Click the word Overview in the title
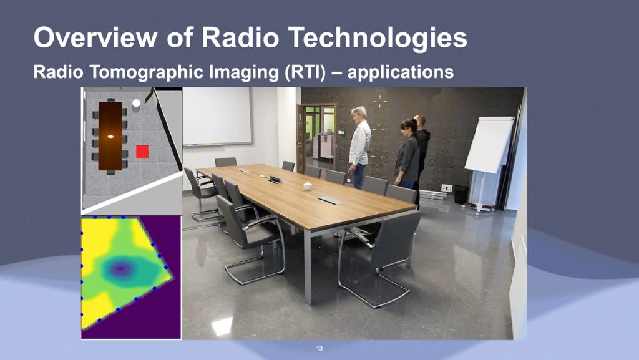(x=95, y=37)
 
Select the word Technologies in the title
(x=379, y=38)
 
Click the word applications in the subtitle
(x=400, y=72)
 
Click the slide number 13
(x=319, y=349)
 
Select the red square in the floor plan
(x=142, y=152)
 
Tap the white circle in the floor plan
(x=137, y=103)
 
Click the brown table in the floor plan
(x=110, y=136)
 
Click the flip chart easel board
(x=489, y=145)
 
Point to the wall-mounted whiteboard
(x=217, y=116)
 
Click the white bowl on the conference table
(x=308, y=186)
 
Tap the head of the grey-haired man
(x=359, y=114)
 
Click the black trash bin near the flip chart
(x=461, y=195)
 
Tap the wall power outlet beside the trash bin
(x=447, y=188)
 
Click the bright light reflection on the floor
(x=222, y=326)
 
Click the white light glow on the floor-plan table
(x=110, y=137)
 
